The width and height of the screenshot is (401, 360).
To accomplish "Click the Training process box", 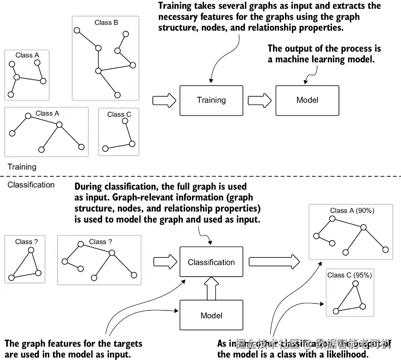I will pyautogui.click(x=211, y=100).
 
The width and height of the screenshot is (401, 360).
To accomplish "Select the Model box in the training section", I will pyautogui.click(x=307, y=100).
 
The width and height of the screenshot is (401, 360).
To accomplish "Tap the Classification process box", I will pyautogui.click(x=211, y=262).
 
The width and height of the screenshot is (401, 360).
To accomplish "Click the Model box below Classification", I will pyautogui.click(x=211, y=316).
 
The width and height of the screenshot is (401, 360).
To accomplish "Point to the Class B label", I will pyautogui.click(x=106, y=22).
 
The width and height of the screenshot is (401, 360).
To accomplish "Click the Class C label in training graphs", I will pyautogui.click(x=119, y=114).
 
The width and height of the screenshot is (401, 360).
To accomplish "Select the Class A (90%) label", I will pyautogui.click(x=352, y=211).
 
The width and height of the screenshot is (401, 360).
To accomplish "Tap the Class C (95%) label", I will pyautogui.click(x=349, y=275).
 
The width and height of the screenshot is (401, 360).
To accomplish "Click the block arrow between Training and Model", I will pyautogui.click(x=259, y=100).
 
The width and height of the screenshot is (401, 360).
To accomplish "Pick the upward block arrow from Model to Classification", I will pyautogui.click(x=211, y=289).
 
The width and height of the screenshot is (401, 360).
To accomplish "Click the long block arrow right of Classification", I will pyautogui.click(x=275, y=262).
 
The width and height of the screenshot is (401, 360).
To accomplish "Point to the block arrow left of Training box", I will pyautogui.click(x=163, y=100).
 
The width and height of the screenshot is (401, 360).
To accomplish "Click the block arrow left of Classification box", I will pyautogui.click(x=164, y=262).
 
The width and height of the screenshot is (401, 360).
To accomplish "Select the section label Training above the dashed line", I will pyautogui.click(x=22, y=167).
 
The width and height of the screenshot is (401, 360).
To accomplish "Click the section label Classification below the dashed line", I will pyautogui.click(x=31, y=185).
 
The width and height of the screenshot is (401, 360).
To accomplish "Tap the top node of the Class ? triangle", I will pyautogui.click(x=31, y=250).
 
